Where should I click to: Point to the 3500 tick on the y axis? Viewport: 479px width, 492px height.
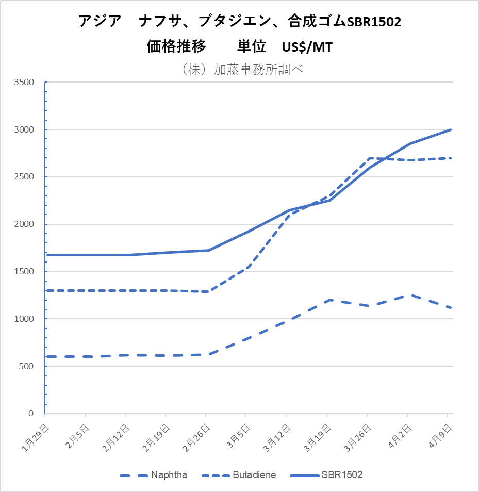click(x=24, y=83)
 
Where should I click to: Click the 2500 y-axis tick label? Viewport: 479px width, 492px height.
click(x=24, y=177)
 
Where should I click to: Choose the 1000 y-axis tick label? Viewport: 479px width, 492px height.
click(x=24, y=319)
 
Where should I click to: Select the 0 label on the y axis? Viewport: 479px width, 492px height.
click(x=30, y=414)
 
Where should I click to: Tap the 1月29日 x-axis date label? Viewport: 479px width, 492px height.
click(x=37, y=436)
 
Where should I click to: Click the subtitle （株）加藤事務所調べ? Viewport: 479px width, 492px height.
click(x=239, y=70)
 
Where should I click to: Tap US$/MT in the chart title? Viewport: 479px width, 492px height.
click(x=307, y=47)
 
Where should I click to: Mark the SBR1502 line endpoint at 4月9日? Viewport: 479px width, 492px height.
click(x=451, y=129)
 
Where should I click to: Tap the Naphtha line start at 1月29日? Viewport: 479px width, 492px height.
click(x=47, y=356)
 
